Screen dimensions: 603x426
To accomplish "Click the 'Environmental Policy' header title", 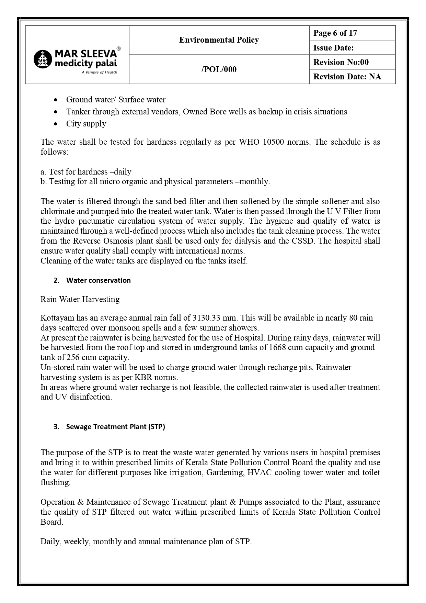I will [219, 40].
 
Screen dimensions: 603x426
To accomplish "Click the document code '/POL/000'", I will [219, 69].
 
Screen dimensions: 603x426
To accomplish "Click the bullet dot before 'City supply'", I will [56, 124].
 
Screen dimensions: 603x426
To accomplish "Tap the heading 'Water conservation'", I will [98, 280].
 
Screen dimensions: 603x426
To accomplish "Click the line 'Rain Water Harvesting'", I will [80, 299].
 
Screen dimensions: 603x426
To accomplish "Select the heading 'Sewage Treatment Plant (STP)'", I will [115, 427].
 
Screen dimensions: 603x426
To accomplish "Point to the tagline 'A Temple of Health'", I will [99, 72].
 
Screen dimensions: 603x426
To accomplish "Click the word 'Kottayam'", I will [57, 318].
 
